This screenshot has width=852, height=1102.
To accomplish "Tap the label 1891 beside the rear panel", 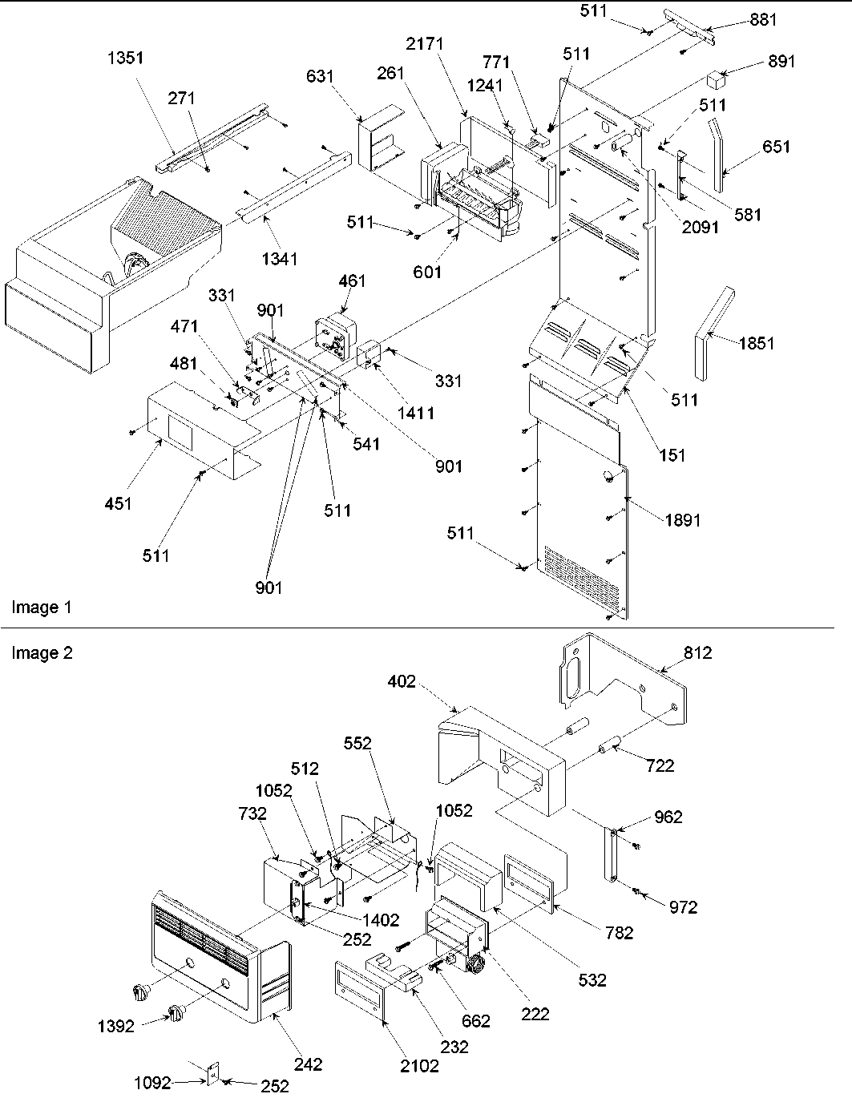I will click(x=682, y=520).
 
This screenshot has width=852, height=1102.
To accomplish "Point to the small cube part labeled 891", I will click(x=716, y=80).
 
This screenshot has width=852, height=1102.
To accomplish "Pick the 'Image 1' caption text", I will click(x=41, y=608).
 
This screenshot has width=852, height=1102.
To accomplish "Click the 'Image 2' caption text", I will click(x=42, y=653).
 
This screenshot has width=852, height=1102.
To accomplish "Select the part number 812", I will click(x=697, y=653).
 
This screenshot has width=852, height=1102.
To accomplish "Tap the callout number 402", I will click(x=402, y=681).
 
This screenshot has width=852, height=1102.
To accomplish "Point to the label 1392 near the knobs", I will click(x=115, y=1025).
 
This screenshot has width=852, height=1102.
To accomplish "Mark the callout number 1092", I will click(x=153, y=1083).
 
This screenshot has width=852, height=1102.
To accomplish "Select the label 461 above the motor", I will click(x=352, y=281).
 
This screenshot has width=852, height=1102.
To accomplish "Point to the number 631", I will click(x=320, y=77).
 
